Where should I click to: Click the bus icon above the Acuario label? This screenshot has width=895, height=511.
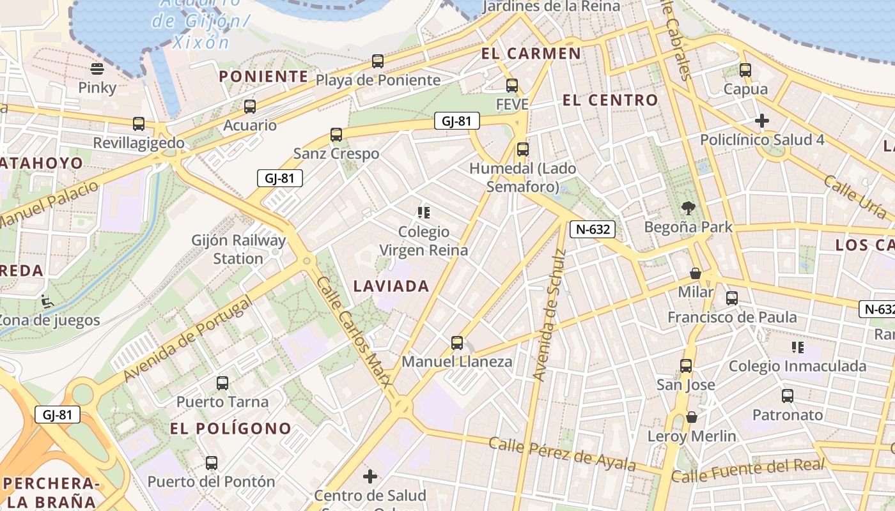tap(250, 107)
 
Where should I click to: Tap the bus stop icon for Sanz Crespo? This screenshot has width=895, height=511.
tap(336, 135)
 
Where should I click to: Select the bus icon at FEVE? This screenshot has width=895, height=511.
tap(511, 86)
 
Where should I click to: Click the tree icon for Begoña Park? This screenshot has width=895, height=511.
tap(689, 208)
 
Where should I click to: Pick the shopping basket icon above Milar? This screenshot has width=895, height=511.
tap(696, 273)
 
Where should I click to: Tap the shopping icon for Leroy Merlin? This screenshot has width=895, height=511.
tap(691, 418)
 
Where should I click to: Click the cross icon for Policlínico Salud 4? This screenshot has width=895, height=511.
tap(761, 121)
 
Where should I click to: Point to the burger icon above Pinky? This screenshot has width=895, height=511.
tap(97, 68)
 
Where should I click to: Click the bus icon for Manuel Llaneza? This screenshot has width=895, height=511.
tap(457, 343)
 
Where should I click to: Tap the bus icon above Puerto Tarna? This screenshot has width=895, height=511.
tap(222, 383)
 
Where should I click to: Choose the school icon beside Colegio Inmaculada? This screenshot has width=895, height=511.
tap(797, 347)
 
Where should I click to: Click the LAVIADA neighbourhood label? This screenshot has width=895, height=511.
tap(391, 286)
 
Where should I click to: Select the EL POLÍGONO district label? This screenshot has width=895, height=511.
tap(231, 429)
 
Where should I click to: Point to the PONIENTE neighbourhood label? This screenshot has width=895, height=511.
tap(263, 77)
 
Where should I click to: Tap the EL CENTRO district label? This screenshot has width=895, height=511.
tap(610, 100)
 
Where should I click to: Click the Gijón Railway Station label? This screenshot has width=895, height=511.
tap(238, 250)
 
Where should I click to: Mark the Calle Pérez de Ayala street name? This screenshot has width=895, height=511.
tap(563, 454)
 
